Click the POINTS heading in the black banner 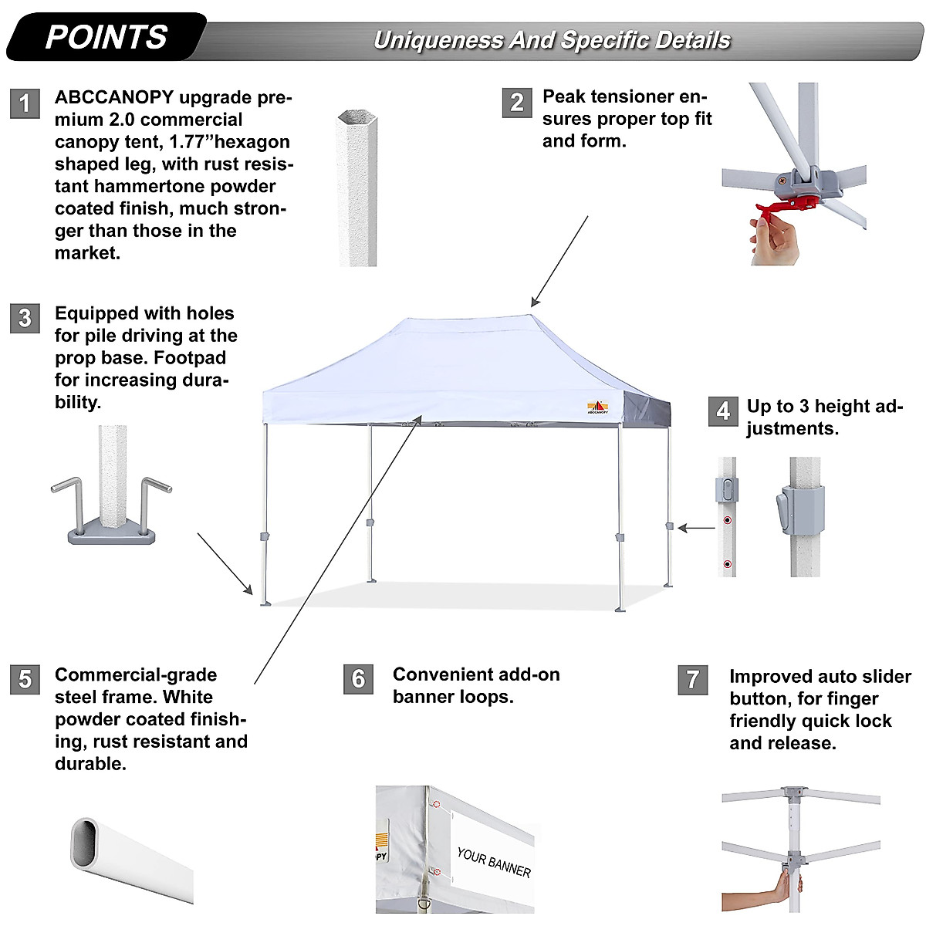pos(106,37)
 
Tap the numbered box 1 pos(25,103)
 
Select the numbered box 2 pos(516,102)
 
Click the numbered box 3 pos(25,318)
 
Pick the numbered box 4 pos(722,411)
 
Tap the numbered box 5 pos(25,679)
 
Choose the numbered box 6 pos(358,678)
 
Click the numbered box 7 pos(692,679)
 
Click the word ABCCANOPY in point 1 pos(114,98)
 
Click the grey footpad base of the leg pos(112,532)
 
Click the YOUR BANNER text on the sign pos(494,862)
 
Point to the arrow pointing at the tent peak pos(559,262)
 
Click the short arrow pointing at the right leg pos(698,529)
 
